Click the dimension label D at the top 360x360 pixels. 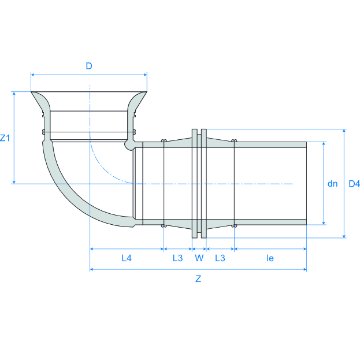(89, 66)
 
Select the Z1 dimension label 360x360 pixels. (5, 138)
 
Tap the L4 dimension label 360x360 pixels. (127, 258)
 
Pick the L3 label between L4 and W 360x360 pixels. (177, 258)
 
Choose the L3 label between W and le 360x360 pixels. (220, 258)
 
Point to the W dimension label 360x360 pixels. (199, 258)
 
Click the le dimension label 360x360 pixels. (270, 258)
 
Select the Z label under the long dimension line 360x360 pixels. (198, 279)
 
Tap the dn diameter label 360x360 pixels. (332, 184)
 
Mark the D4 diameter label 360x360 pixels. (354, 184)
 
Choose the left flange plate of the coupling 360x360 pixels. (194, 183)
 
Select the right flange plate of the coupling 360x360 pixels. (203, 183)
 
